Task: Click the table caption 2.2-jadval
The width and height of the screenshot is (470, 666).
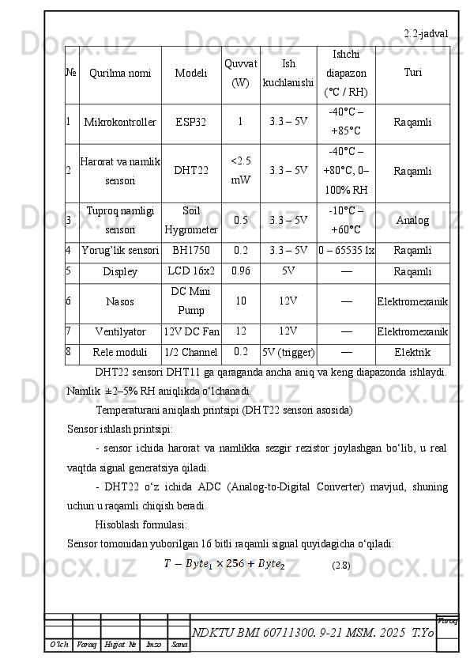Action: pyautogui.click(x=426, y=34)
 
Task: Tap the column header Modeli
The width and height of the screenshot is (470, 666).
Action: pyautogui.click(x=191, y=74)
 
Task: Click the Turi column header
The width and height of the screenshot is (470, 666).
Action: pyautogui.click(x=412, y=73)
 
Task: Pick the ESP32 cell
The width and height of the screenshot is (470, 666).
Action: pyautogui.click(x=191, y=123)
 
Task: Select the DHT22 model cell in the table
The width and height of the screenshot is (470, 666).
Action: pyautogui.click(x=191, y=171)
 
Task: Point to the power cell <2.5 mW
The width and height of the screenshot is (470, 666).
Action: pyautogui.click(x=241, y=171)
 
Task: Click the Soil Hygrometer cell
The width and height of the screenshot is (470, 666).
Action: pyautogui.click(x=191, y=221)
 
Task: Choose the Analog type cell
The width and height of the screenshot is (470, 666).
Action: pyautogui.click(x=412, y=221)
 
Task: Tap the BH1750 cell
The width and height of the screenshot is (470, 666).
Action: pyautogui.click(x=191, y=252)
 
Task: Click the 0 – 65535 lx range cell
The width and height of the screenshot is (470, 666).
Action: pyautogui.click(x=346, y=252)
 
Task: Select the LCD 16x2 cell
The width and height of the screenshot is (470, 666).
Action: pyautogui.click(x=191, y=272)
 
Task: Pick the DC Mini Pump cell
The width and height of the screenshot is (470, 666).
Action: pyautogui.click(x=191, y=301)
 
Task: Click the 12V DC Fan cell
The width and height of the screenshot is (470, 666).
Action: pyautogui.click(x=191, y=331)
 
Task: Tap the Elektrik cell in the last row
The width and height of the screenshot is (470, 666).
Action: pyautogui.click(x=412, y=352)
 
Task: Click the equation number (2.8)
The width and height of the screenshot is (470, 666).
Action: pyautogui.click(x=341, y=566)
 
